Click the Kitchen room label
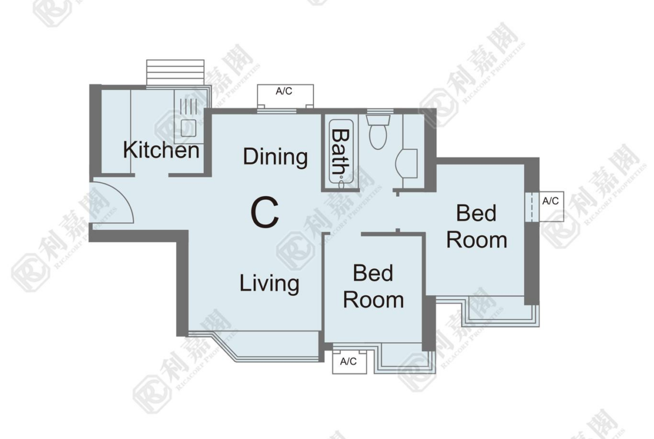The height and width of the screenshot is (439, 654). (x=161, y=150)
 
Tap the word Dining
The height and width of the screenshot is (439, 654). (x=275, y=157)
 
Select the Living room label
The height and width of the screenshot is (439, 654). (x=269, y=284)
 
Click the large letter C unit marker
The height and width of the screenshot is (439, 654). (x=264, y=213)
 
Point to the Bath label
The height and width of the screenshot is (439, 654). (x=340, y=152)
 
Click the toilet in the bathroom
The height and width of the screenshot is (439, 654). (x=378, y=131)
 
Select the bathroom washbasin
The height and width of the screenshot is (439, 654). (x=406, y=163)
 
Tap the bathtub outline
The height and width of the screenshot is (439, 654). (x=342, y=152)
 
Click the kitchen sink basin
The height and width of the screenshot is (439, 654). (x=188, y=128)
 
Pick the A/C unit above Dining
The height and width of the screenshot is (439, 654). (x=285, y=96)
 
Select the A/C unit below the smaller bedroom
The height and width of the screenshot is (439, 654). (x=349, y=361)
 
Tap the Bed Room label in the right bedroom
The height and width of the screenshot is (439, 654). (x=476, y=226)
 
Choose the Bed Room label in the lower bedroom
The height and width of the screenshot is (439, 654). (x=373, y=287)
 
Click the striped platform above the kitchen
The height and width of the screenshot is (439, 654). (x=175, y=73)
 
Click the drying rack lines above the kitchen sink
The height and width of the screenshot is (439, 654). (x=188, y=106)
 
